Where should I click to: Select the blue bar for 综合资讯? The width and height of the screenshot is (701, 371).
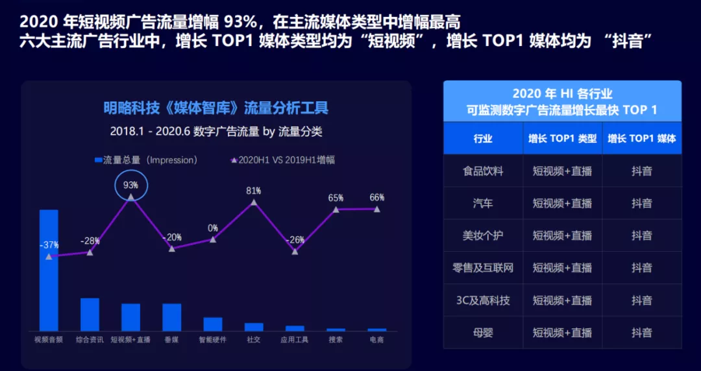[x=90, y=315]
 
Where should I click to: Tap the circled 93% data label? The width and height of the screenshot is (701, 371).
[x=131, y=185]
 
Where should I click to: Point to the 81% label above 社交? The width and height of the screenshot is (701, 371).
[x=254, y=191]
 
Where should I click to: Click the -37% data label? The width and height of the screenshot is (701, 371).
[x=50, y=245]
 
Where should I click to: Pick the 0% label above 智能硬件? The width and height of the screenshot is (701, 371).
[x=213, y=228]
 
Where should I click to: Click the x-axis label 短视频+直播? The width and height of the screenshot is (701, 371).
[x=130, y=339]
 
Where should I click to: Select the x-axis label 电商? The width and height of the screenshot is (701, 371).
[x=376, y=339]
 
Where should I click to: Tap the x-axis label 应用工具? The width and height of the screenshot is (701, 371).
[x=295, y=339]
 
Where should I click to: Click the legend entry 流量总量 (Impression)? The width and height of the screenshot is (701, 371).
[x=145, y=160]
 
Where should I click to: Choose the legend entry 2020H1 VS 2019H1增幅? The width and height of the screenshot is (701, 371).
[x=282, y=160]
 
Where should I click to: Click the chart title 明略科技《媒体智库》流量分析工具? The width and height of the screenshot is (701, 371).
[x=215, y=108]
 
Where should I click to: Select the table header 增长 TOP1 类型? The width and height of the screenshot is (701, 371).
[x=562, y=138]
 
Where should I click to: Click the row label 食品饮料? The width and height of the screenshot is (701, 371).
[x=483, y=171]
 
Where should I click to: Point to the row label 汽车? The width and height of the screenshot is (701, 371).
[x=483, y=203]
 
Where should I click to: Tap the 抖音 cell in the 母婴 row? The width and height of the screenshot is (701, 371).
[x=642, y=333]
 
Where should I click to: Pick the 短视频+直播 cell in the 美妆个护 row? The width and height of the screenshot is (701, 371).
[x=562, y=235]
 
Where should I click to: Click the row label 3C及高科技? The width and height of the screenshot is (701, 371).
[x=483, y=300]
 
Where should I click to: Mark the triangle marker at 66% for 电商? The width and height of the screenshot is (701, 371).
[x=377, y=209]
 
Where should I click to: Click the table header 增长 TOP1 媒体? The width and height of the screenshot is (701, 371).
[x=642, y=138]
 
